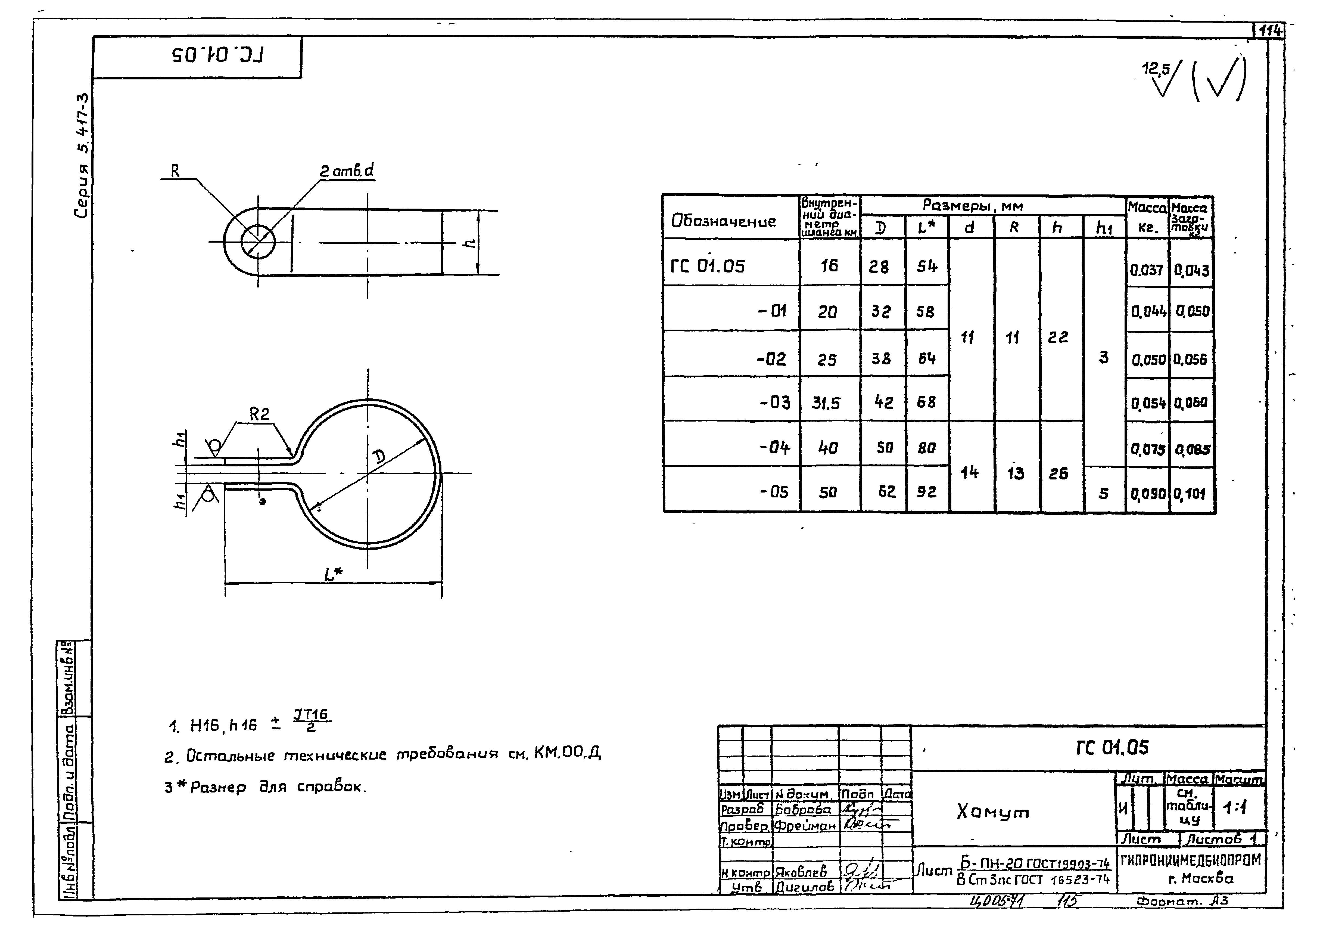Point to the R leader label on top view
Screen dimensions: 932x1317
point(175,171)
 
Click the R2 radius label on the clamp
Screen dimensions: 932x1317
point(259,414)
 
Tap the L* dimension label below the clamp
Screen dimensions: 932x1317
point(333,574)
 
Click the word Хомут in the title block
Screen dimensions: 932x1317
point(993,812)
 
